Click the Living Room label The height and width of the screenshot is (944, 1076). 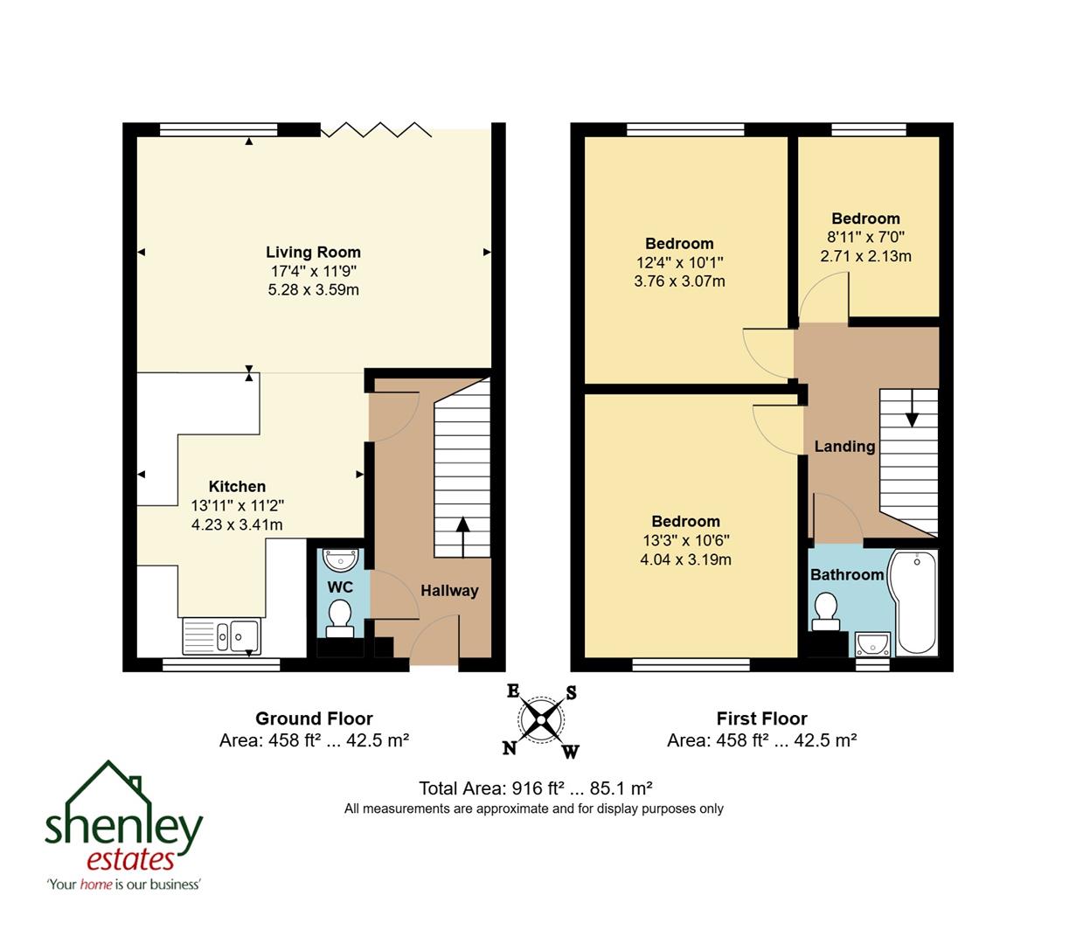pos(313,252)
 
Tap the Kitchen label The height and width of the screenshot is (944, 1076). pos(237,487)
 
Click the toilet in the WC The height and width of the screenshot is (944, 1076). pos(339,616)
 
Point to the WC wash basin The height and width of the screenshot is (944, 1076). pos(340,559)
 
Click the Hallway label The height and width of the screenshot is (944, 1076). pos(449,591)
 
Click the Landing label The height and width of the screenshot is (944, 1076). pos(844,447)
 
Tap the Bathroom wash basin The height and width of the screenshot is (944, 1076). pos(872,645)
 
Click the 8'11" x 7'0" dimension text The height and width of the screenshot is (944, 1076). pos(865,237)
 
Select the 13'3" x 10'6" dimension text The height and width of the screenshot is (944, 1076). pos(685,540)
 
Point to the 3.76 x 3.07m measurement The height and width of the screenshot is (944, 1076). pos(679,281)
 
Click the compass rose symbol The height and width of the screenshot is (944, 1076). pos(542,720)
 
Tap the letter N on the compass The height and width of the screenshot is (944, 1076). pos(510,747)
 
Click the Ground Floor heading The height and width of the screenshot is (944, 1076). pos(314,718)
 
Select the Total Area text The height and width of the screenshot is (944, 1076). pos(536,787)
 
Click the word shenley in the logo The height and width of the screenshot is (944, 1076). pos(123,824)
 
